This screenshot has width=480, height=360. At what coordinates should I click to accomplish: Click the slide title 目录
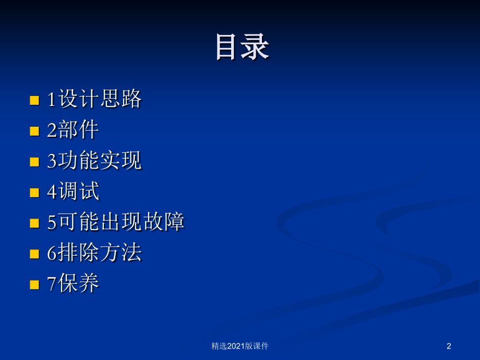(x=242, y=47)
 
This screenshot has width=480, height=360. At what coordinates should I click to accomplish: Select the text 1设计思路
(x=94, y=99)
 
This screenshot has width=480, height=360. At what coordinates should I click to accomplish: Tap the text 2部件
(x=73, y=130)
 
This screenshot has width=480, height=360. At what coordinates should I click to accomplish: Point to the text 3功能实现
(x=94, y=161)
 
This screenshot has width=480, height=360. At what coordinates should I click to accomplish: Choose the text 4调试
(x=73, y=191)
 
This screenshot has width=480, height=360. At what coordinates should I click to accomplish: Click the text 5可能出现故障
(x=116, y=222)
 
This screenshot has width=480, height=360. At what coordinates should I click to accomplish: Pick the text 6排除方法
(x=94, y=253)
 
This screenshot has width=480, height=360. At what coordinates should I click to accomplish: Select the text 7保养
(x=73, y=284)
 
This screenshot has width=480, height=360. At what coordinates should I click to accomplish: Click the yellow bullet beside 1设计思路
(x=34, y=100)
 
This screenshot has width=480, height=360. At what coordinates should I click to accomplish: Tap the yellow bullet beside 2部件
(x=34, y=131)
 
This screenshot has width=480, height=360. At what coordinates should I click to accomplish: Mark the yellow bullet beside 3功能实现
(x=34, y=162)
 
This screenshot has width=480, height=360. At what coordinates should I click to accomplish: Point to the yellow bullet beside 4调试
(x=34, y=193)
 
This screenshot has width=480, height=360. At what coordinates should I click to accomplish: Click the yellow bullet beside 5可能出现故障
(x=34, y=223)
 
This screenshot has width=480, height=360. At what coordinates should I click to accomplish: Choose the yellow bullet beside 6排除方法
(x=34, y=254)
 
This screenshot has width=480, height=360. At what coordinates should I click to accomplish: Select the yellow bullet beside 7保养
(x=34, y=285)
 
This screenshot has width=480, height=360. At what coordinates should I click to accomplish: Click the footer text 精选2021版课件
(x=240, y=345)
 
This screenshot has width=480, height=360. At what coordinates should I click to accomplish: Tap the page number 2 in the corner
(x=449, y=345)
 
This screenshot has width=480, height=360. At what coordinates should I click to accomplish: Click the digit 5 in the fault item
(x=52, y=223)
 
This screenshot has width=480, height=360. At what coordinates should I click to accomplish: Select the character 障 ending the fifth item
(x=174, y=222)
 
